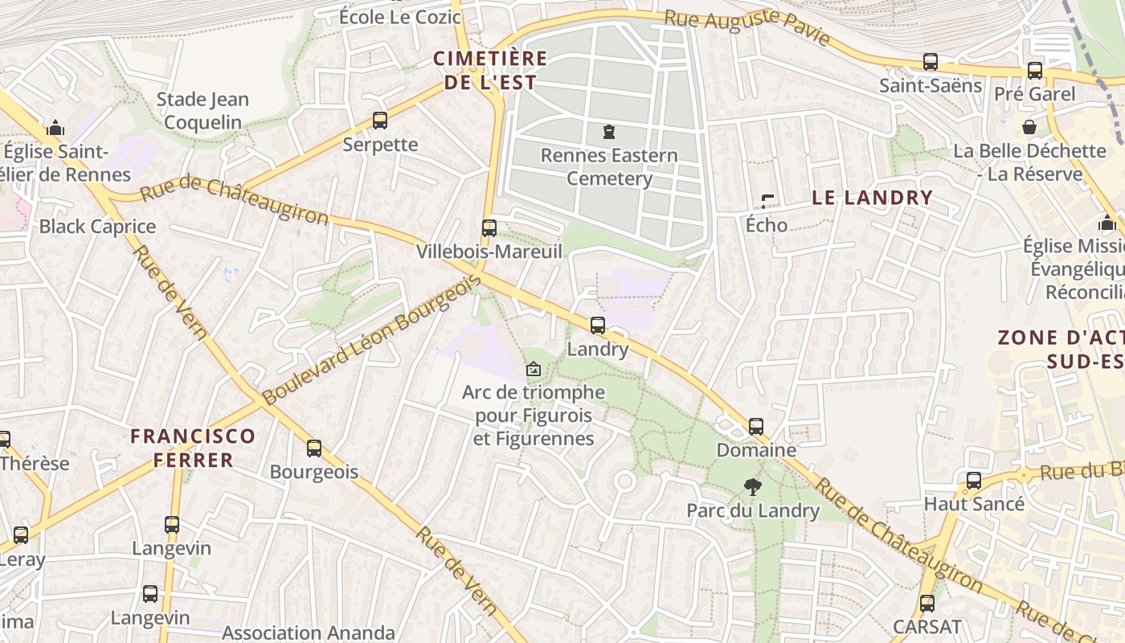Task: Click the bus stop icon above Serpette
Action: click(x=380, y=121)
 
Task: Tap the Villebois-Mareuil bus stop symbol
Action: click(x=489, y=227)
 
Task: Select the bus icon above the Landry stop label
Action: click(x=597, y=326)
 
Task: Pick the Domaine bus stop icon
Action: click(x=755, y=426)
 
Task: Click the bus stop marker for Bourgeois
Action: click(x=314, y=448)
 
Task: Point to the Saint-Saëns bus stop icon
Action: click(x=930, y=61)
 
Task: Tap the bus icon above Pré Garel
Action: click(x=1034, y=71)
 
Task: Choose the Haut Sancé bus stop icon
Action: click(x=974, y=481)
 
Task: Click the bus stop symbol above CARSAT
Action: click(x=927, y=603)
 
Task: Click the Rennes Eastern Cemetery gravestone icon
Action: click(x=608, y=131)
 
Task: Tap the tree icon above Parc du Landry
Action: click(x=752, y=485)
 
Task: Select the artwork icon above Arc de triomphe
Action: click(x=532, y=369)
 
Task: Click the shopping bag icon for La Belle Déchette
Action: click(x=1029, y=127)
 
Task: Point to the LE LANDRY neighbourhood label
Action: click(x=872, y=198)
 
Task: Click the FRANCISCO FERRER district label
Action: click(x=193, y=448)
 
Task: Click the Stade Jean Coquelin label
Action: click(x=202, y=111)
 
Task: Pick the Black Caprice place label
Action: click(x=97, y=227)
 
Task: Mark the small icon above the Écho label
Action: click(x=767, y=201)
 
